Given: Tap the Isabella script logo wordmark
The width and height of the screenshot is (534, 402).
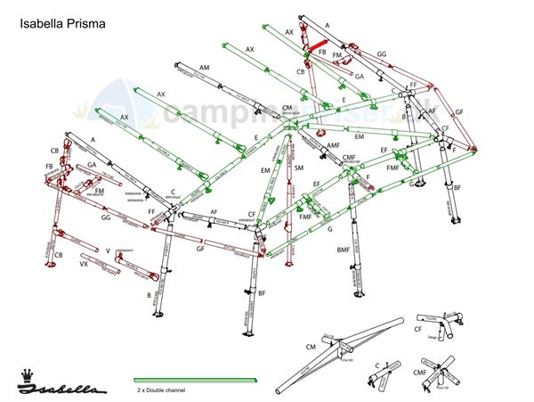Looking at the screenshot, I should (65, 389).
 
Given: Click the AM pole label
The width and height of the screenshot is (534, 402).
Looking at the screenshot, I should (205, 69).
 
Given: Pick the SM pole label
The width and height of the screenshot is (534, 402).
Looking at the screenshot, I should (299, 168).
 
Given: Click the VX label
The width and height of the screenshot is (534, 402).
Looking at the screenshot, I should (84, 265).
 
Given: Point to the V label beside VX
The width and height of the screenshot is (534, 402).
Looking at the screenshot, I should (108, 250).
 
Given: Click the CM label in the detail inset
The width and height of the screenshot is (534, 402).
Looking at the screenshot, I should (311, 347).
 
